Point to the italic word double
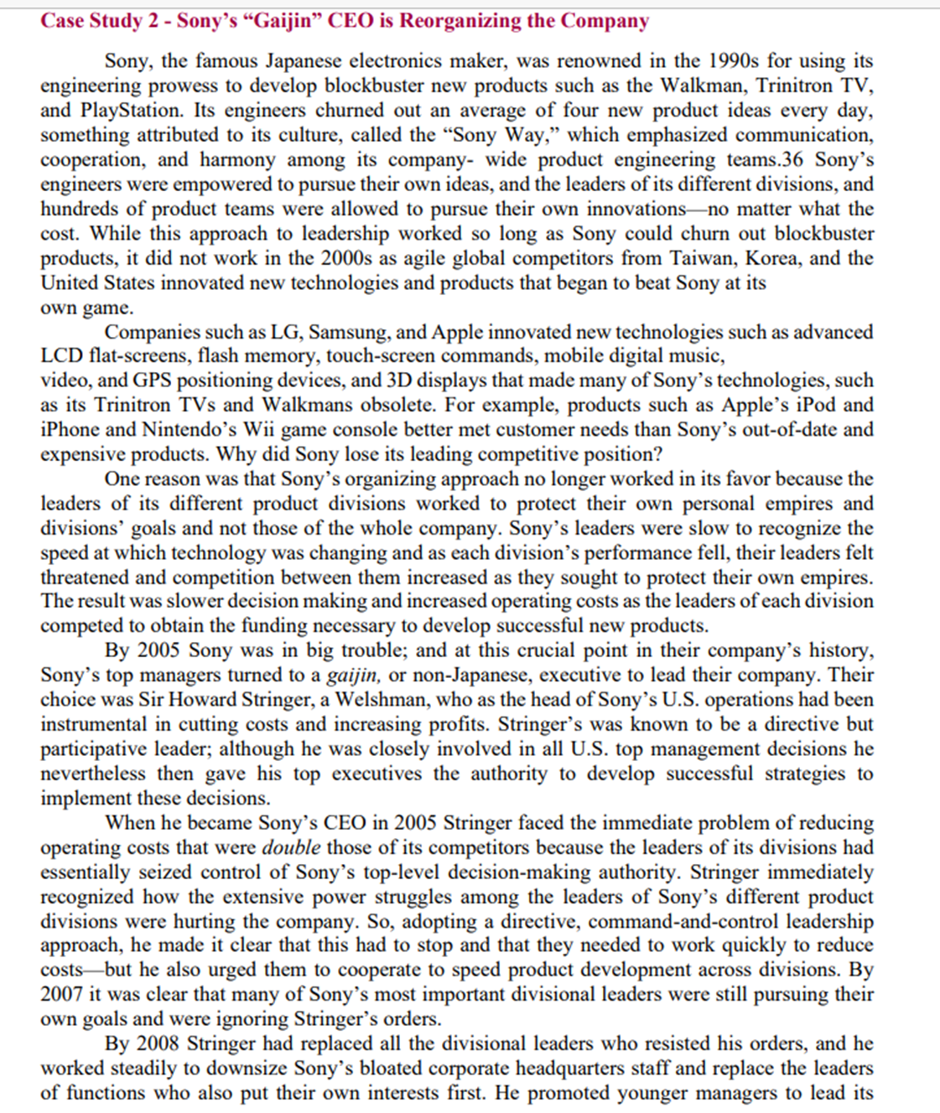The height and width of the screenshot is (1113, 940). click(x=291, y=847)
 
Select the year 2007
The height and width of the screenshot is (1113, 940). click(x=61, y=995)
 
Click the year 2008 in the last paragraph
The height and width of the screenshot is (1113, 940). click(x=157, y=1044)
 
